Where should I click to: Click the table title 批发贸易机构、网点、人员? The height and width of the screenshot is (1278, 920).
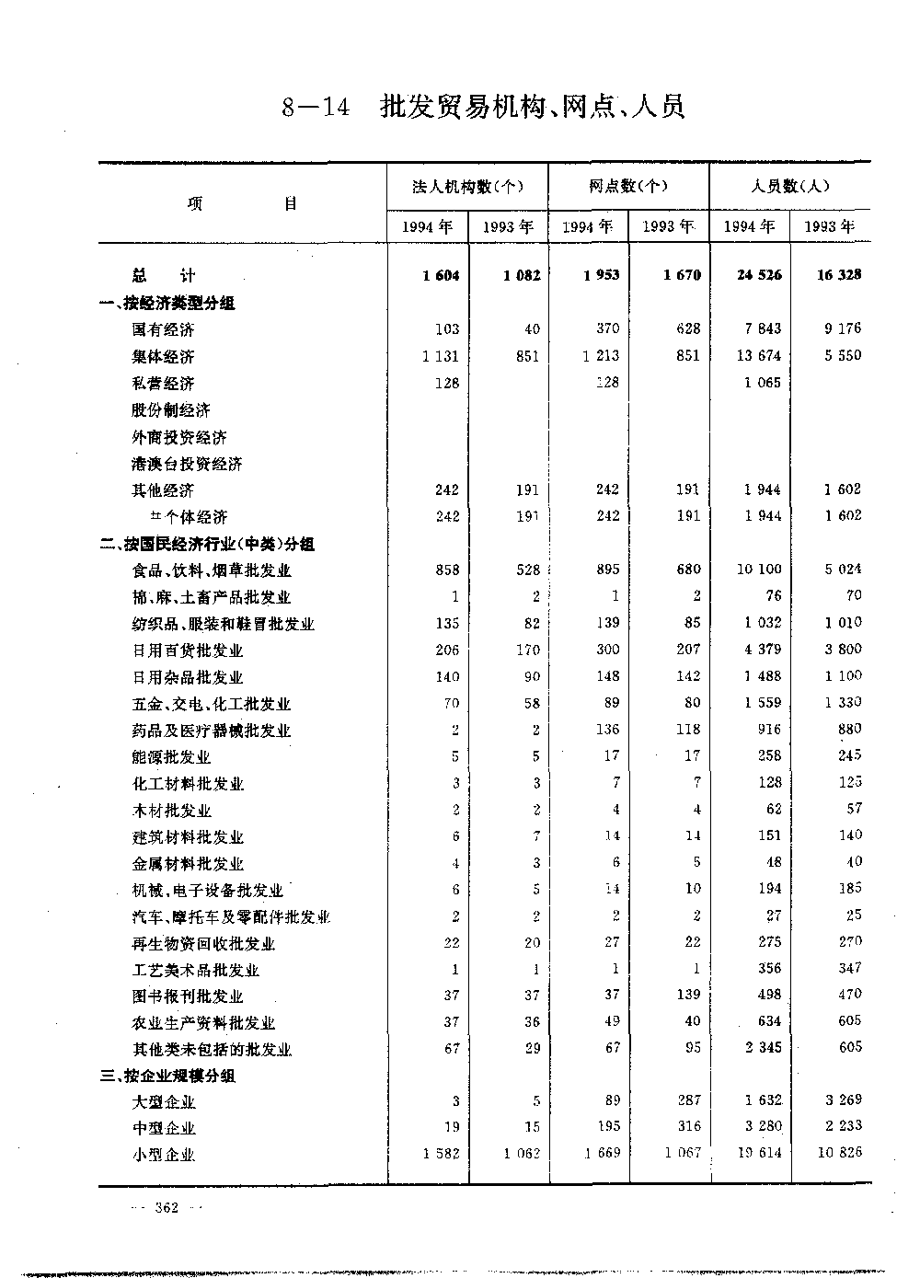point(533,108)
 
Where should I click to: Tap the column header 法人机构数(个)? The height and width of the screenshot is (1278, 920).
point(467,187)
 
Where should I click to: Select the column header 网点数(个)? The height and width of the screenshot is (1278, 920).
point(628,187)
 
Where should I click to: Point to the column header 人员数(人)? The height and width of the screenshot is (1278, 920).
point(789,187)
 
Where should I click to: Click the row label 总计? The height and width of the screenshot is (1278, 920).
point(163,275)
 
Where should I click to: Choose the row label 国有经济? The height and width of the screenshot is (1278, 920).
point(163,329)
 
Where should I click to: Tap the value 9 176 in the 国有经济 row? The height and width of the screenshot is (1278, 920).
point(842,328)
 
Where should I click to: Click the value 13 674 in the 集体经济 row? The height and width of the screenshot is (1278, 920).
point(763,356)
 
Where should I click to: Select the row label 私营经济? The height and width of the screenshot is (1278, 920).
point(163,383)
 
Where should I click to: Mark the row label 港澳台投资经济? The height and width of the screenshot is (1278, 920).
point(187,464)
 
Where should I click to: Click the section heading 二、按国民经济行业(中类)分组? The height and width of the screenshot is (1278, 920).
point(207,544)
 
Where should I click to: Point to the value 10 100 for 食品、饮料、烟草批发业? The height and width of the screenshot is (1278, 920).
point(759,570)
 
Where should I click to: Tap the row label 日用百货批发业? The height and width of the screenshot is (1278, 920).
point(187,651)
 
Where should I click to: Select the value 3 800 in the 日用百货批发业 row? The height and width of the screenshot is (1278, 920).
point(842,650)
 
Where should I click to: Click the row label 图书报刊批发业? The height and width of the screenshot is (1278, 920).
point(187,996)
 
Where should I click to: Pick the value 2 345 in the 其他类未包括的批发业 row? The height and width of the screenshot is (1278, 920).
point(763,1048)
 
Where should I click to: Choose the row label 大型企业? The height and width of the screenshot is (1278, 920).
point(163,1102)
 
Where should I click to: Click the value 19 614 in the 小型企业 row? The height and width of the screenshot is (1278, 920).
point(759,1154)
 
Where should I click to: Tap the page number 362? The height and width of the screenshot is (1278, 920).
point(167,1208)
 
